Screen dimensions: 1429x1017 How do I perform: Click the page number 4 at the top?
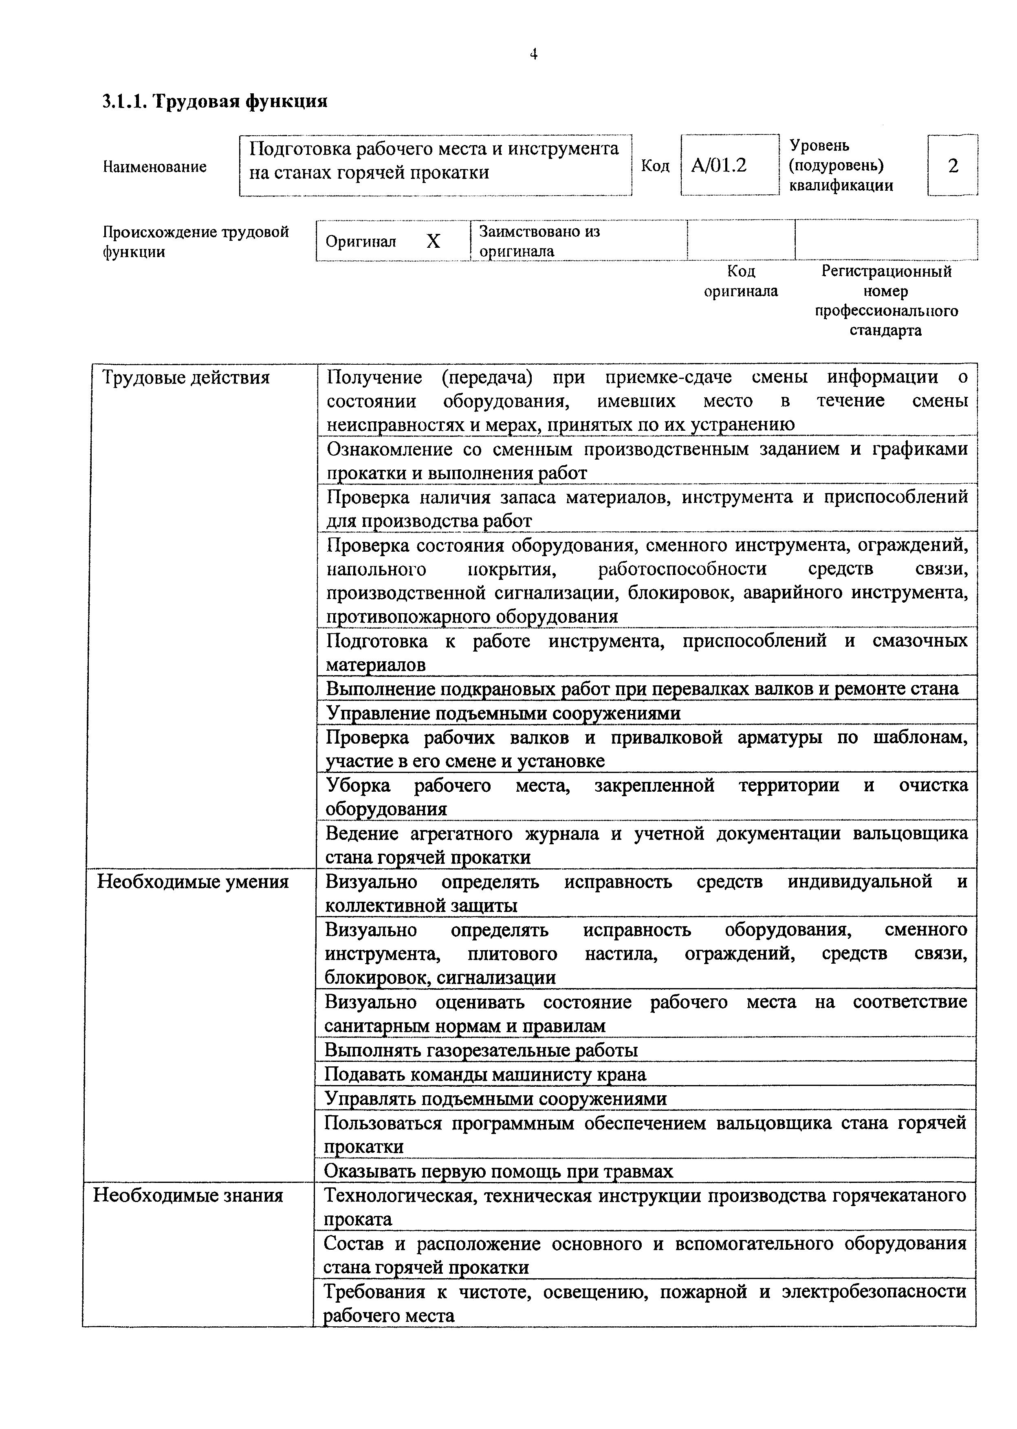click(533, 55)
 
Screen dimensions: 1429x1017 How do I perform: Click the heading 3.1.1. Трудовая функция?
click(215, 101)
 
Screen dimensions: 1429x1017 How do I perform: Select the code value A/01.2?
click(719, 166)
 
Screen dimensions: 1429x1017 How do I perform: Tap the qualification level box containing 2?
click(953, 166)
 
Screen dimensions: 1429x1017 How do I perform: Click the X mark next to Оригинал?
click(433, 242)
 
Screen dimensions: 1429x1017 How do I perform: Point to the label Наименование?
click(155, 167)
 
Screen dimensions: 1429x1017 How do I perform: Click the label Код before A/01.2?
click(655, 166)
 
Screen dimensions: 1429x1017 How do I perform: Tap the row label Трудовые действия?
click(186, 378)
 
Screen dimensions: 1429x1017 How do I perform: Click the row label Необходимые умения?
click(192, 882)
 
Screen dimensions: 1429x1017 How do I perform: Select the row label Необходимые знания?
click(188, 1196)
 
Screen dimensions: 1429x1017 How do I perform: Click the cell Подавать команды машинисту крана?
click(485, 1075)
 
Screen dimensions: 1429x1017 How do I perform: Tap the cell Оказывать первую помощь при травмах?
click(498, 1171)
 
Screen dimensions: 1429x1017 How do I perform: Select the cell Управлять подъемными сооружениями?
click(495, 1099)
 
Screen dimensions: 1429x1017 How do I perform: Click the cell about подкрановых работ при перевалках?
click(642, 689)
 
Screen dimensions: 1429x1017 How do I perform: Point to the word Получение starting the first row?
click(374, 378)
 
